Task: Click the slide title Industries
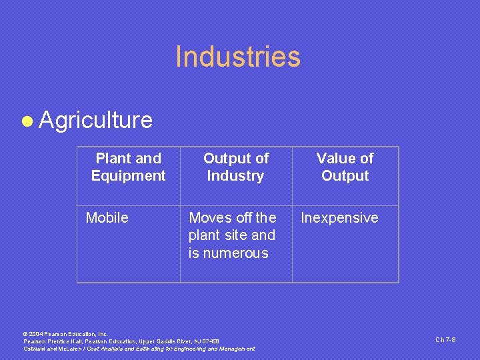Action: point(238,57)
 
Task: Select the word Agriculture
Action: point(96,120)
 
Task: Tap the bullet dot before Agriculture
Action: point(27,121)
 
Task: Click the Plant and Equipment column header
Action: point(129,167)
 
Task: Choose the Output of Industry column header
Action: point(235,167)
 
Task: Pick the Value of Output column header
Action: point(345,167)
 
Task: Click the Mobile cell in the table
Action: point(107,218)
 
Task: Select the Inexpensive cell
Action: point(340,218)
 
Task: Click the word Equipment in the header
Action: point(129,176)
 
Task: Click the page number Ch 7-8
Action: point(445,340)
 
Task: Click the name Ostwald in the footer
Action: point(35,349)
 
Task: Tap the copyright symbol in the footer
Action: point(25,333)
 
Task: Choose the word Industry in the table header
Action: point(235,176)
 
